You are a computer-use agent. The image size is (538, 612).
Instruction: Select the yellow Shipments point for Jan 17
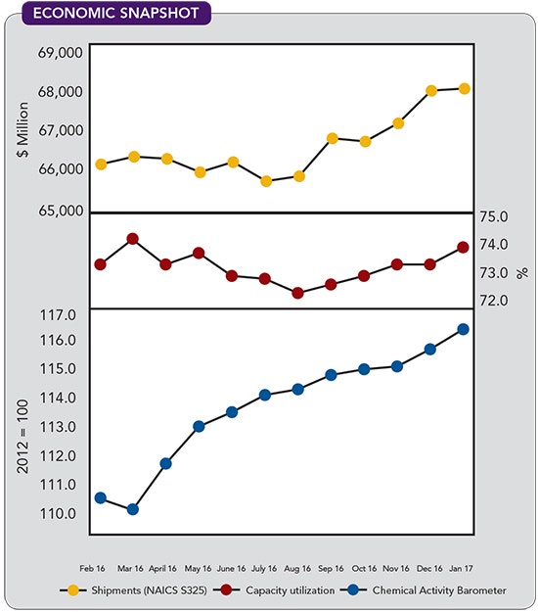coord(464,88)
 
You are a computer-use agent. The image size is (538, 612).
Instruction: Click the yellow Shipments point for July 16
coord(265,181)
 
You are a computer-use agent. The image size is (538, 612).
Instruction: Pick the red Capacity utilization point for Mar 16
coord(133,239)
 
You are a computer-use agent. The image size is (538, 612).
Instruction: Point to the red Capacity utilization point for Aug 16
coord(298,293)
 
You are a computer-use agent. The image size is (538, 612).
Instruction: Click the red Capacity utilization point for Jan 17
coord(464,247)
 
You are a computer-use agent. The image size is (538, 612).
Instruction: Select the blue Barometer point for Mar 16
coord(133,509)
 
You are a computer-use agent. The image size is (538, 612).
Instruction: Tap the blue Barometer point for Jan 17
coord(464,329)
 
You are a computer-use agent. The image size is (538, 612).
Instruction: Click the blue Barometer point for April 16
coord(166,463)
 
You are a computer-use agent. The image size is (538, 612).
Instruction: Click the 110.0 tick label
coord(60,513)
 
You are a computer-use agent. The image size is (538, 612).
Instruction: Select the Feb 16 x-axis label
coord(100,568)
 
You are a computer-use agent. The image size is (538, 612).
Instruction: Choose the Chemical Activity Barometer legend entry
coord(425,590)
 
